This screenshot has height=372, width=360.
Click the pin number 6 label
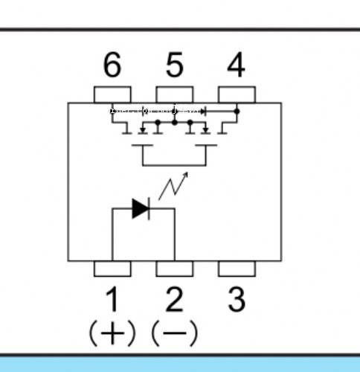pos(112,65)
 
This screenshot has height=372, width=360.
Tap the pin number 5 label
pos(175,65)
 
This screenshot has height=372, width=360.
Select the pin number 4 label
pos(237,65)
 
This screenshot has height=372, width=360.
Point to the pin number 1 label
pos(112,299)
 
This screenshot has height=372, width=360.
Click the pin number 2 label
pos(175,299)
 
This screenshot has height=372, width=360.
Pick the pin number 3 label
pos(237,299)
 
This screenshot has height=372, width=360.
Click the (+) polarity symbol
pos(112,333)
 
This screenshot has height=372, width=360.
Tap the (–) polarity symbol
pos(175,333)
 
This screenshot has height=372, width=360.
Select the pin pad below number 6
pos(112,94)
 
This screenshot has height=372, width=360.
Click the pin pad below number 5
pos(175,94)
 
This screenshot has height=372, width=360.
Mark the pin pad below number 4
pos(237,94)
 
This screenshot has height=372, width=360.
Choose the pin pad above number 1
pos(112,269)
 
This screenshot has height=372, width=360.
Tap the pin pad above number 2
pos(175,269)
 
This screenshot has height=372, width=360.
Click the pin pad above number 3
pos(237,269)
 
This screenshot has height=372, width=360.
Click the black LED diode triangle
pos(140,209)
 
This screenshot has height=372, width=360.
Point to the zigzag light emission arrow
pos(173,186)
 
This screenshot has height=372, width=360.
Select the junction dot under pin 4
pos(237,112)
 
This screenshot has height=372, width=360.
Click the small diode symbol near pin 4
pos(203,112)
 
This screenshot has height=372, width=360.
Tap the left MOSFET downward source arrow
pos(143,130)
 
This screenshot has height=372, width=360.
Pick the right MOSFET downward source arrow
pos(205,130)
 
